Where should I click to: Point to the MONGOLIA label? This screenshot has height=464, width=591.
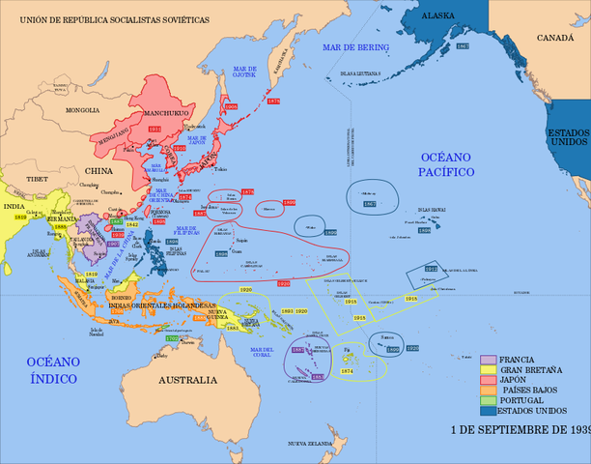pyautogui.click(x=82, y=110)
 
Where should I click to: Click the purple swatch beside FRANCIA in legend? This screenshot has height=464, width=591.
pyautogui.click(x=489, y=360)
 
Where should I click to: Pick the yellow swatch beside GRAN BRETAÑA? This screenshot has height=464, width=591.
pyautogui.click(x=489, y=370)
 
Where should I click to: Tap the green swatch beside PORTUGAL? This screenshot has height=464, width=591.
pyautogui.click(x=489, y=400)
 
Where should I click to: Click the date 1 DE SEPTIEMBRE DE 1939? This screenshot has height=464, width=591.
pyautogui.click(x=521, y=427)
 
